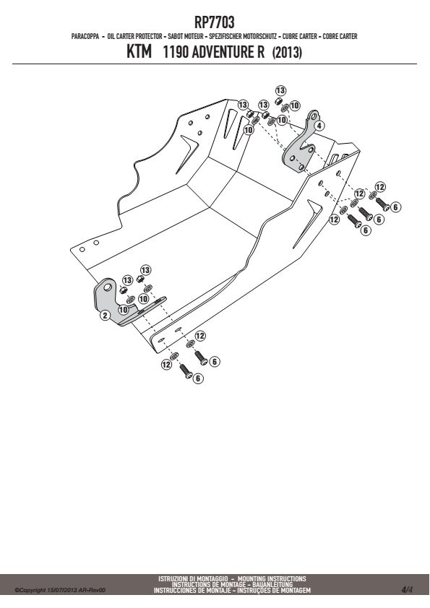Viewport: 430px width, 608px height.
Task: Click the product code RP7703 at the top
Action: pos(214,22)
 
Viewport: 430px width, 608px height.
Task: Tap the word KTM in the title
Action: pos(139,51)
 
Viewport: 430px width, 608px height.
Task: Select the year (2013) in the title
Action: pos(287,52)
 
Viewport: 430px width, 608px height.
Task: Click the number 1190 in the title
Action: pos(176,52)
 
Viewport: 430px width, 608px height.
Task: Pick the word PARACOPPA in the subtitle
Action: pos(85,36)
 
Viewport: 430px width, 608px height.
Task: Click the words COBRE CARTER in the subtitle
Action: pos(340,36)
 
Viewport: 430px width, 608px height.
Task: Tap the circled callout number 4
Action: pos(319,126)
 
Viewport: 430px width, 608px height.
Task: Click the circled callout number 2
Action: pos(105,315)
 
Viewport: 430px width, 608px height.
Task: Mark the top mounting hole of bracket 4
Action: pos(313,116)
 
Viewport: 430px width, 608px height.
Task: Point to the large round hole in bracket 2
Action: pos(108,287)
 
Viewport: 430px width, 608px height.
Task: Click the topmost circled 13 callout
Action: pos(280,90)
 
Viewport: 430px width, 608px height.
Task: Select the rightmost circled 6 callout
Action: pos(395,207)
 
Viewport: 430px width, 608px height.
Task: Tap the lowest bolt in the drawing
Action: pos(186,370)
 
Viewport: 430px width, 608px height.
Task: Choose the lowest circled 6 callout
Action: pos(198,378)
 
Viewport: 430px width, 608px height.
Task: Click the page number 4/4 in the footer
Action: pos(407,590)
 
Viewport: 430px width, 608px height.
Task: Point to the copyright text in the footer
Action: pos(60,590)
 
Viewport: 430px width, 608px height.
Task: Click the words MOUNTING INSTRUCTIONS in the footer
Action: pos(272,578)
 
